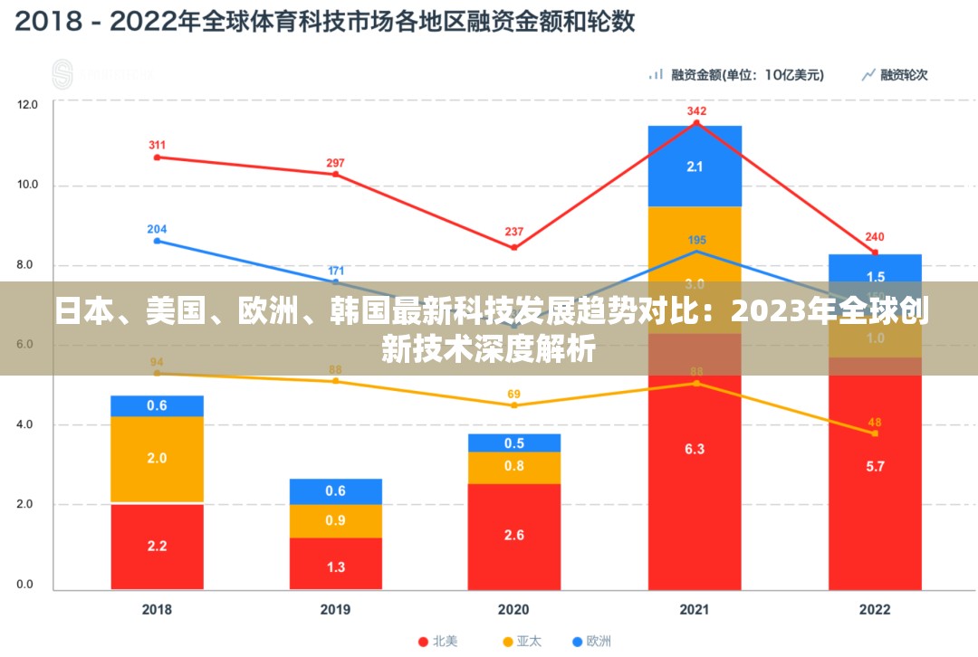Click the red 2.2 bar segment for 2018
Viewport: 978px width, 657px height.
[157, 546]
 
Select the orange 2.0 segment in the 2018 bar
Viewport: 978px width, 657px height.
[157, 459]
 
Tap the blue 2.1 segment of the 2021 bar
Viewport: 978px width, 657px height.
[695, 167]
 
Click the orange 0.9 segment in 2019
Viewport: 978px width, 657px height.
[335, 520]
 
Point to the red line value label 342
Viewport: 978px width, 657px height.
[695, 111]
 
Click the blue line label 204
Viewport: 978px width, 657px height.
[157, 229]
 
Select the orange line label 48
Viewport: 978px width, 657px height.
[875, 422]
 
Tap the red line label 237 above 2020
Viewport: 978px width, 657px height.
[514, 231]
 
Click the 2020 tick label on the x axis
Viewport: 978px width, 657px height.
[514, 610]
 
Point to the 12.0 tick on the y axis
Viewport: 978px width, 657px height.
[28, 105]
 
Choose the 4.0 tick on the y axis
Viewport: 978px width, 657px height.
[28, 424]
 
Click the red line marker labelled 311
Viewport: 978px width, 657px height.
[157, 157]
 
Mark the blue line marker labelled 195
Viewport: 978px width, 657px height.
[695, 252]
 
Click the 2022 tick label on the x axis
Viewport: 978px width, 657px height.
[875, 610]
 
